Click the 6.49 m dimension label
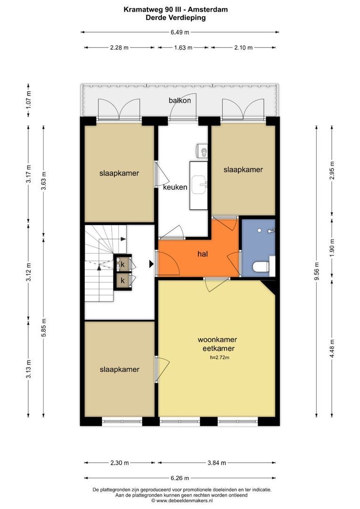[x=180, y=33]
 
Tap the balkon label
[x=180, y=100]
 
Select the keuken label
[x=175, y=187]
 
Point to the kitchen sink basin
[x=200, y=183]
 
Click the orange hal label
[x=203, y=254]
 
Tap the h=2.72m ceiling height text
[x=220, y=358]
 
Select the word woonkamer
[x=217, y=339]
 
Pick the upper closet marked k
[x=123, y=264]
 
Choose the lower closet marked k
[x=123, y=280]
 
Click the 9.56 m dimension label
[x=317, y=271]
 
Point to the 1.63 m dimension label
[x=183, y=48]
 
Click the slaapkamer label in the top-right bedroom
[x=243, y=170]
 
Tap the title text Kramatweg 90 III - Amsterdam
[x=175, y=9]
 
